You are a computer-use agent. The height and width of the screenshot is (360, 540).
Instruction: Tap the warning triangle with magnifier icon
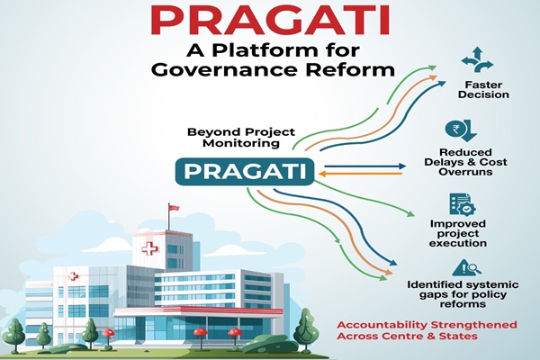point(465,267)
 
